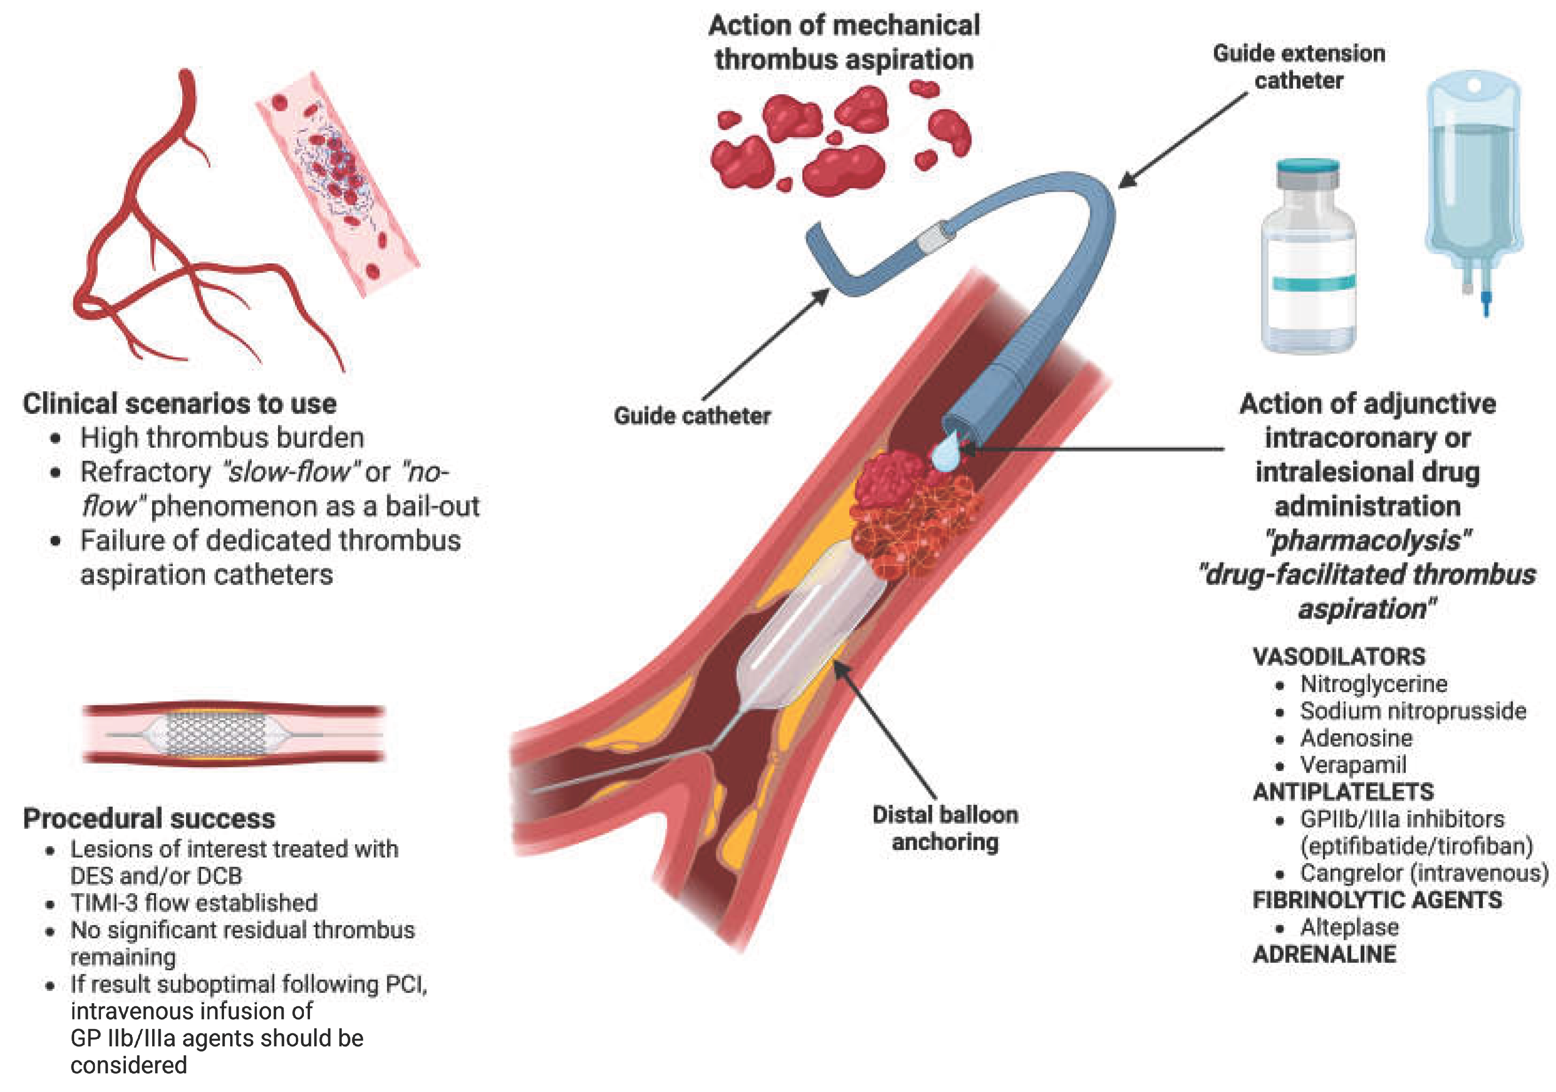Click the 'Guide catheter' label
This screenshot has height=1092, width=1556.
click(x=692, y=415)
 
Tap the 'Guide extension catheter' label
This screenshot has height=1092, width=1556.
click(x=1299, y=66)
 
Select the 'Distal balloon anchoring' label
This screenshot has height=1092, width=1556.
click(x=945, y=827)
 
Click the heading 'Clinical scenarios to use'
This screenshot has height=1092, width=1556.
click(x=179, y=403)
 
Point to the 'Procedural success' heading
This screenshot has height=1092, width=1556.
click(x=149, y=818)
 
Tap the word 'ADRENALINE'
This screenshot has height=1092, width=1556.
click(x=1324, y=954)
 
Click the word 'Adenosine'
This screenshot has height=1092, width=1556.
click(x=1356, y=738)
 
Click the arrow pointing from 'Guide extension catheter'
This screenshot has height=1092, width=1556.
click(x=1183, y=140)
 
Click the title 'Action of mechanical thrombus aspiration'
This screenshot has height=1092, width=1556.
click(x=844, y=42)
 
